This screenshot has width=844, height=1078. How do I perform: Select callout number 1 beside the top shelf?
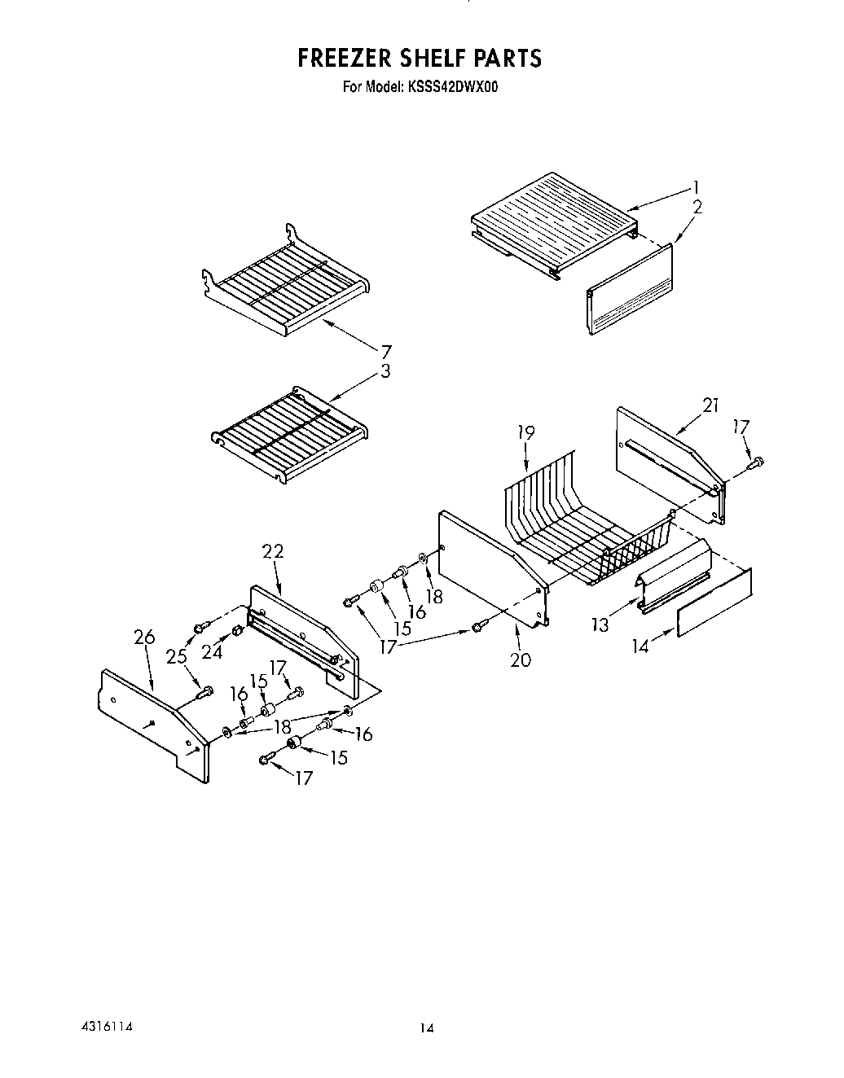(x=695, y=186)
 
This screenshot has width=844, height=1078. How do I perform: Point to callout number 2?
(x=697, y=208)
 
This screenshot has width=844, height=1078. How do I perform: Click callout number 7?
(x=385, y=352)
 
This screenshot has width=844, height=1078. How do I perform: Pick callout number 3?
(x=385, y=372)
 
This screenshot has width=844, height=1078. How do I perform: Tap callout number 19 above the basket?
(x=526, y=433)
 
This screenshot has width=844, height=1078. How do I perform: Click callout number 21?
(x=710, y=405)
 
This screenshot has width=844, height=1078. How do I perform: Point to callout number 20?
(x=520, y=660)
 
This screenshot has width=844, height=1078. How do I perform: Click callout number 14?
(x=641, y=647)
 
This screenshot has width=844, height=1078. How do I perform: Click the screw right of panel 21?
(x=755, y=463)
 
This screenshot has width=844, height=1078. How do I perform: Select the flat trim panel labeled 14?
(x=714, y=603)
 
